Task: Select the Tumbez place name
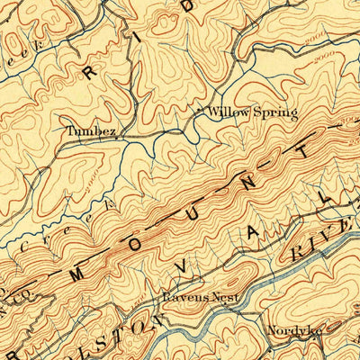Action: click(91, 130)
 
